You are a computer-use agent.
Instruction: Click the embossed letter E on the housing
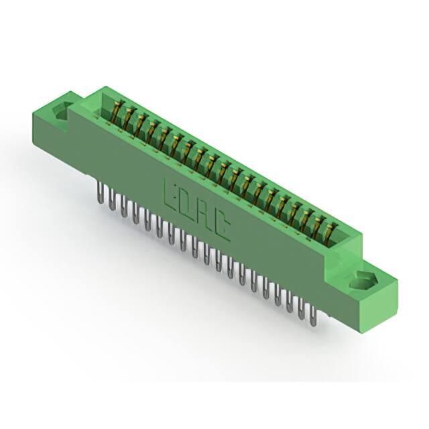pos(172,193)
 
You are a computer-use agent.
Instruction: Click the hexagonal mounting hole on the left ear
pos(62,111)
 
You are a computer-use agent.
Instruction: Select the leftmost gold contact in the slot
pos(116,111)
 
